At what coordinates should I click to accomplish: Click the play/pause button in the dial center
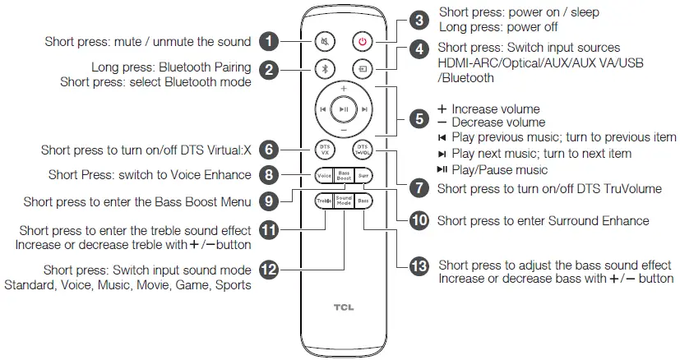click(344, 108)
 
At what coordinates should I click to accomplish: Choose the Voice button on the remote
click(324, 174)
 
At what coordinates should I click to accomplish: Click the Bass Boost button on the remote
click(344, 174)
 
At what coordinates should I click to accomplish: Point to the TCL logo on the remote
click(343, 310)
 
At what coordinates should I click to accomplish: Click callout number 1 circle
click(269, 39)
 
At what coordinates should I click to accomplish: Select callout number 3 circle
click(419, 20)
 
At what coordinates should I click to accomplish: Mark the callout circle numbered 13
click(419, 268)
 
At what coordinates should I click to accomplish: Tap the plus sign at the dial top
click(344, 87)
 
